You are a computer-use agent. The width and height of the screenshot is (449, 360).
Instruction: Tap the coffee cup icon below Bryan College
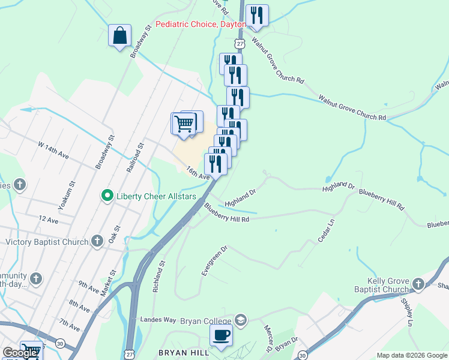221,335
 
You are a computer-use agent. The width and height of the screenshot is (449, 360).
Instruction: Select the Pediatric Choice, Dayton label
200,25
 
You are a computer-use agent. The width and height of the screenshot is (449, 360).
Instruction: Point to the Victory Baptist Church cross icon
97,242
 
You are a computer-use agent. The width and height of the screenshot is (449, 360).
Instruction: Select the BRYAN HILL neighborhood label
182,352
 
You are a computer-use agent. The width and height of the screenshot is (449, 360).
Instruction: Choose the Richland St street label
158,277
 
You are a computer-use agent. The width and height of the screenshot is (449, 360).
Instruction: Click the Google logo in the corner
20,353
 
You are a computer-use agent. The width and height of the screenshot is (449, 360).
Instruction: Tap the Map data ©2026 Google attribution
412,355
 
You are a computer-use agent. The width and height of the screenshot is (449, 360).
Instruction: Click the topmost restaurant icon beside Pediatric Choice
257,16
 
